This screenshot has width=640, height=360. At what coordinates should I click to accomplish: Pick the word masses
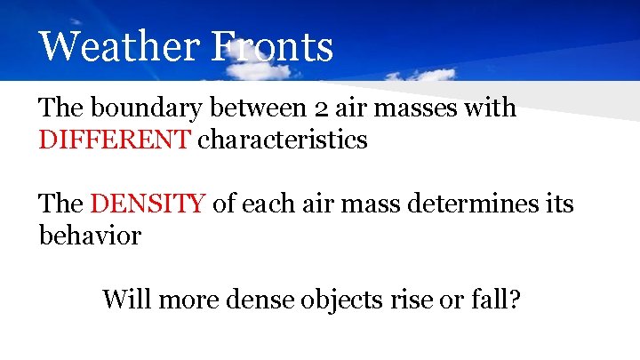tap(428, 109)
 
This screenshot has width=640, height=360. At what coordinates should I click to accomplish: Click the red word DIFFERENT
tap(115, 140)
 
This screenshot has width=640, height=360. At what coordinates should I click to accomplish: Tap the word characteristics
tap(282, 140)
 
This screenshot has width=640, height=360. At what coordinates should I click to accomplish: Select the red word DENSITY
tap(148, 204)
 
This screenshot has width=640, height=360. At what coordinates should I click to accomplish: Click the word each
tap(265, 204)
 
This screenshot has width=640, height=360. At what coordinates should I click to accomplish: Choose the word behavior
tap(90, 236)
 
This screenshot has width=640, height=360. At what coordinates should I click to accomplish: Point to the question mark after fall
tap(514, 300)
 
